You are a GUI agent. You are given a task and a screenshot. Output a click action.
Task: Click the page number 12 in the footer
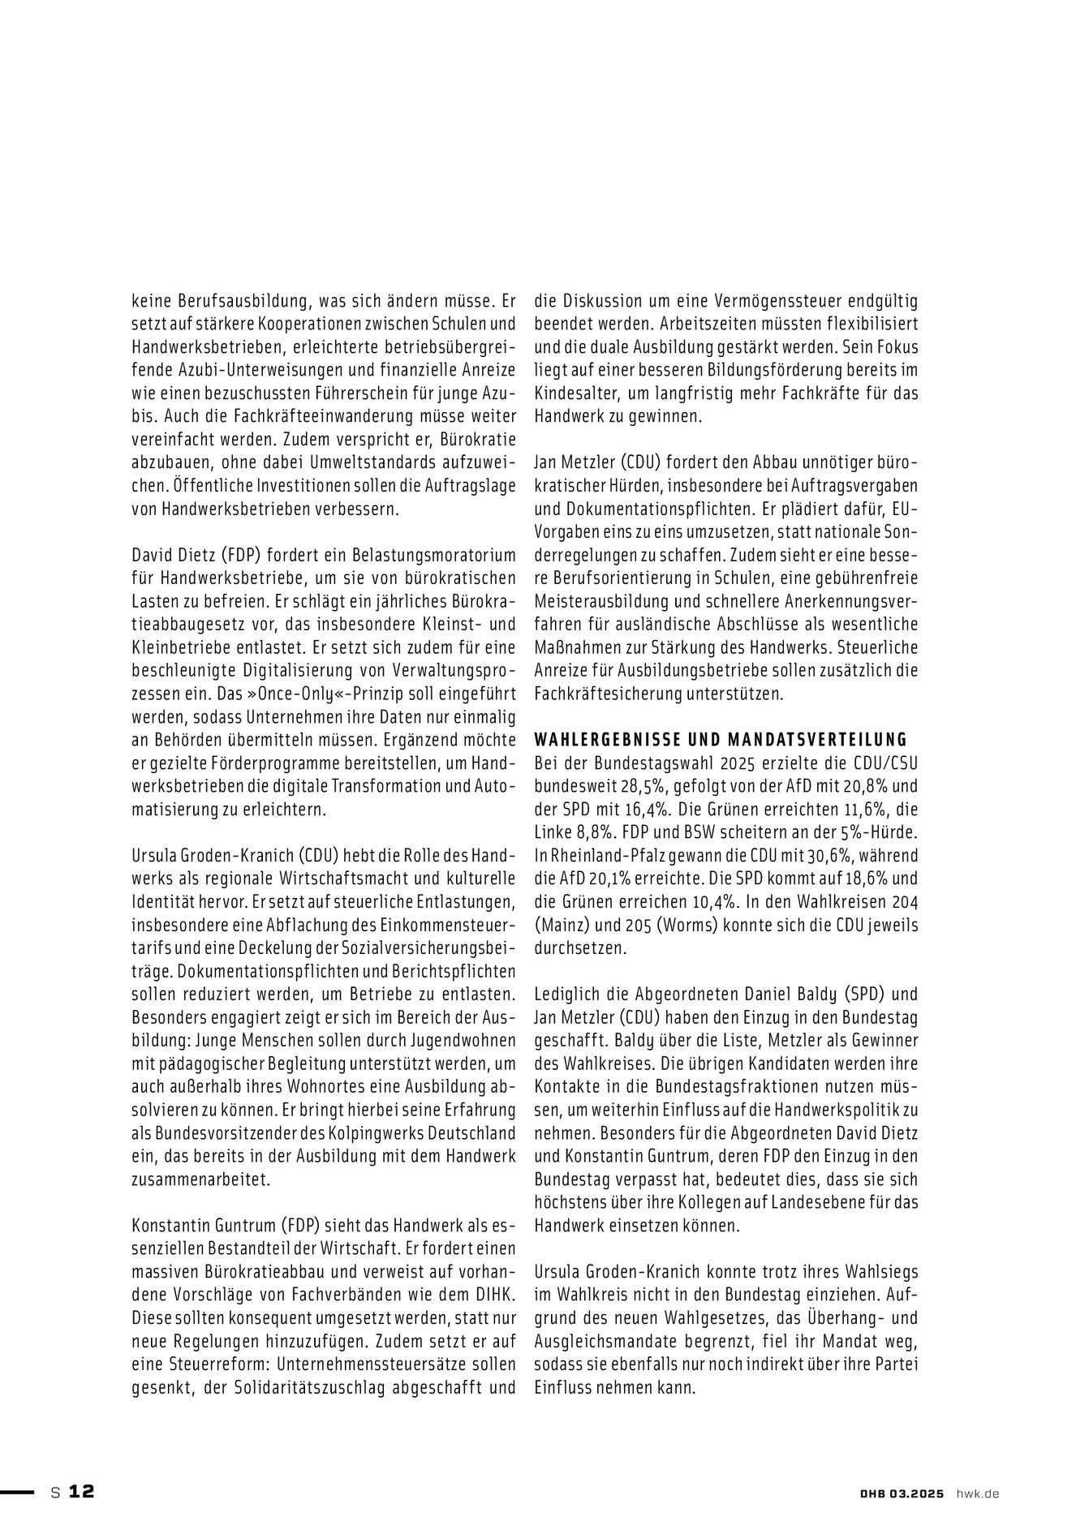tap(81, 1491)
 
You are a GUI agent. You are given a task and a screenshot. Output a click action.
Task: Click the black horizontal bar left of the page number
tap(17, 1491)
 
